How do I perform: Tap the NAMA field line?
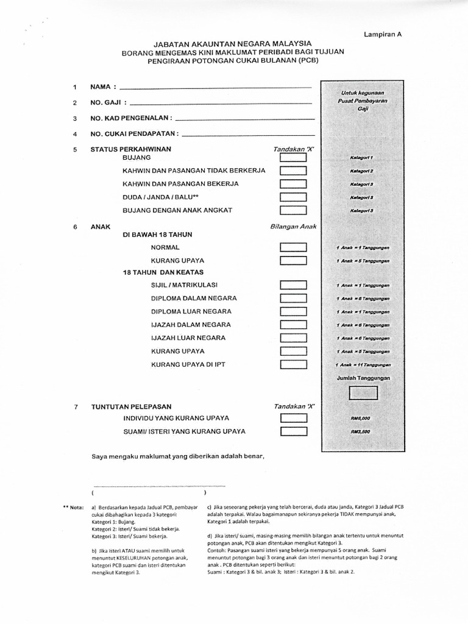216,89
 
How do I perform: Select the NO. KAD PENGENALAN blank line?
244,118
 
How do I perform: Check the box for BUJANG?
293,157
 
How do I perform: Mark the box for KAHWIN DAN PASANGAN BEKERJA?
293,183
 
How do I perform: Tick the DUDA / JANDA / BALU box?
293,197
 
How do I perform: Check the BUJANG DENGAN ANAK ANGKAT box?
293,210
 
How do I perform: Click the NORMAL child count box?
293,247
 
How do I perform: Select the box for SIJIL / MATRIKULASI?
293,285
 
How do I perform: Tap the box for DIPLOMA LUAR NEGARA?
293,311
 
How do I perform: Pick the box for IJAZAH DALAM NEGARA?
293,325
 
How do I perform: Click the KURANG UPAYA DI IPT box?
293,365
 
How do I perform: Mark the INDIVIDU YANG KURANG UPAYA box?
293,418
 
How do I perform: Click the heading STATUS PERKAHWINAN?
130,149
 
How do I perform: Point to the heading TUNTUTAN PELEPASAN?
131,406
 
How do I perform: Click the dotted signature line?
159,486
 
